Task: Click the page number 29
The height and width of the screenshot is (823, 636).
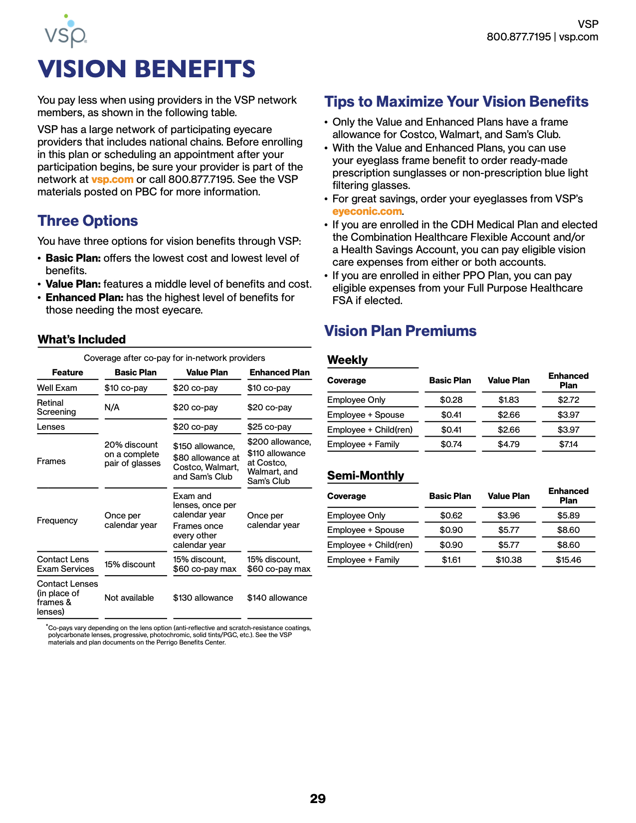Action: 318,799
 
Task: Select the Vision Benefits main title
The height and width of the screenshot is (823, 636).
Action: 147,69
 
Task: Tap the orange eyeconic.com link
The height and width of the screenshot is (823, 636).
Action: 367,211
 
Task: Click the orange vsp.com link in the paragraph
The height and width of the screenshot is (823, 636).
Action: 112,179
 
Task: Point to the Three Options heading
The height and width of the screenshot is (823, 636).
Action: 88,221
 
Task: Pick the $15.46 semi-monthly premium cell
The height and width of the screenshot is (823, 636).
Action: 568,560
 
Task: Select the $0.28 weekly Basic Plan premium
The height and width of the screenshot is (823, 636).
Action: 451,400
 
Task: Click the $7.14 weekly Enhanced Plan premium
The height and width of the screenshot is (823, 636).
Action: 568,444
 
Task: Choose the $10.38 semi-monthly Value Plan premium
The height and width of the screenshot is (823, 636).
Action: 508,560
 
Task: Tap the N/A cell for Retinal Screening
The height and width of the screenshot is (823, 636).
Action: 112,407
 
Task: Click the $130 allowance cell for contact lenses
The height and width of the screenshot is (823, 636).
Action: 203,598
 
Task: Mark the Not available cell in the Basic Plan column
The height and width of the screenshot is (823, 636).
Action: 129,598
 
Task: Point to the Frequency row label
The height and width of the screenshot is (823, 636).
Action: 57,520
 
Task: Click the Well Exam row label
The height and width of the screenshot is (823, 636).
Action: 57,388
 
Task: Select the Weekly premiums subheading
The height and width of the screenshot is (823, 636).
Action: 347,360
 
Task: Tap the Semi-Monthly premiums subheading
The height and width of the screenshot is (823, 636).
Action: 366,476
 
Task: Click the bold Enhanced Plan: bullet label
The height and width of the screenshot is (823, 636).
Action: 84,298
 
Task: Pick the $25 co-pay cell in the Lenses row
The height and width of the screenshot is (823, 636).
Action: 269,427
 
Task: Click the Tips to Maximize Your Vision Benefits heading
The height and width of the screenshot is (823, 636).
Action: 456,102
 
